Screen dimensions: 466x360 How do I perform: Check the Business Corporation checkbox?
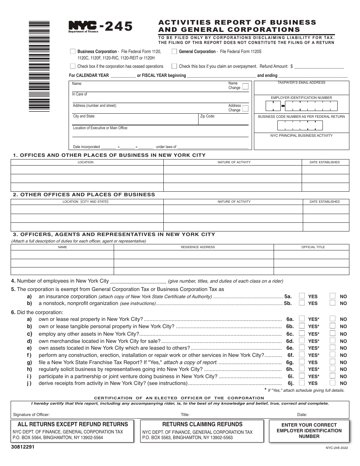pyautogui.click(x=73, y=52)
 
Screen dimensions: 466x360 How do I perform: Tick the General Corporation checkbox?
pyautogui.click(x=174, y=52)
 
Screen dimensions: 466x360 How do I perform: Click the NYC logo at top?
pyautogui.click(x=83, y=26)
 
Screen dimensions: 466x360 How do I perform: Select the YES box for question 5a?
pyautogui.click(x=302, y=296)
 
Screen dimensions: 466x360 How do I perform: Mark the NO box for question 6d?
pyautogui.click(x=332, y=341)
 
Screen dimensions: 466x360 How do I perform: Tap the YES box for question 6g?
pyautogui.click(x=302, y=362)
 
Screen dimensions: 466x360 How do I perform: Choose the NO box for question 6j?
pyautogui.click(x=332, y=383)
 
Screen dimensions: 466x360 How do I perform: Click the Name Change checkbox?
pyautogui.click(x=245, y=86)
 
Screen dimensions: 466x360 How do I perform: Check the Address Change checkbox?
pyautogui.click(x=245, y=108)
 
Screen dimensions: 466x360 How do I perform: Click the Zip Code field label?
pyautogui.click(x=208, y=116)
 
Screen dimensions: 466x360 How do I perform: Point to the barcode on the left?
pyautogui.click(x=39, y=66)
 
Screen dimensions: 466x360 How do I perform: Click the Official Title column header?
pyautogui.click(x=313, y=247)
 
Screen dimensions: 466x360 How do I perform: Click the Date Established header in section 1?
pyautogui.click(x=324, y=162)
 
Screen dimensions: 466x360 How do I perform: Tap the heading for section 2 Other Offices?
pyautogui.click(x=84, y=194)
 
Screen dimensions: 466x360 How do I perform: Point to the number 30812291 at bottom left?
pyautogui.click(x=23, y=447)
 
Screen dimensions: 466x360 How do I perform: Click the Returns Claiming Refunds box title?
pyautogui.click(x=202, y=424)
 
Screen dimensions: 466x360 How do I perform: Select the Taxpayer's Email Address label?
pyautogui.click(x=301, y=83)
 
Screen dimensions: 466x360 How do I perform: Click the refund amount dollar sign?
pyautogui.click(x=291, y=66)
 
